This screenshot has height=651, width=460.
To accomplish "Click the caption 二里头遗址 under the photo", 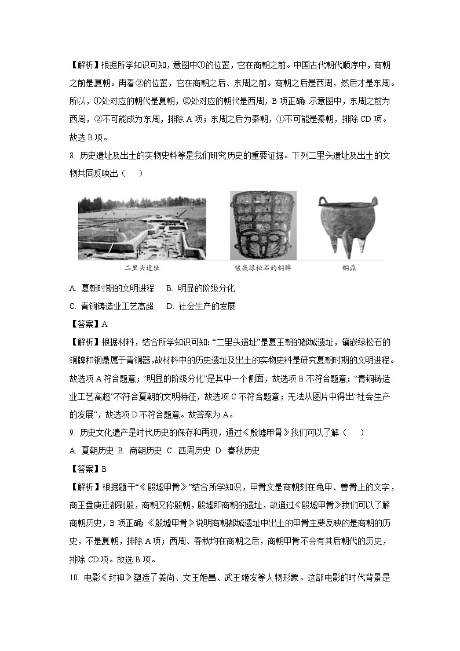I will pos(141,268).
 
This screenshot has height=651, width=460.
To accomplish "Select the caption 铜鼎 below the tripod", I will pos(349,268).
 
